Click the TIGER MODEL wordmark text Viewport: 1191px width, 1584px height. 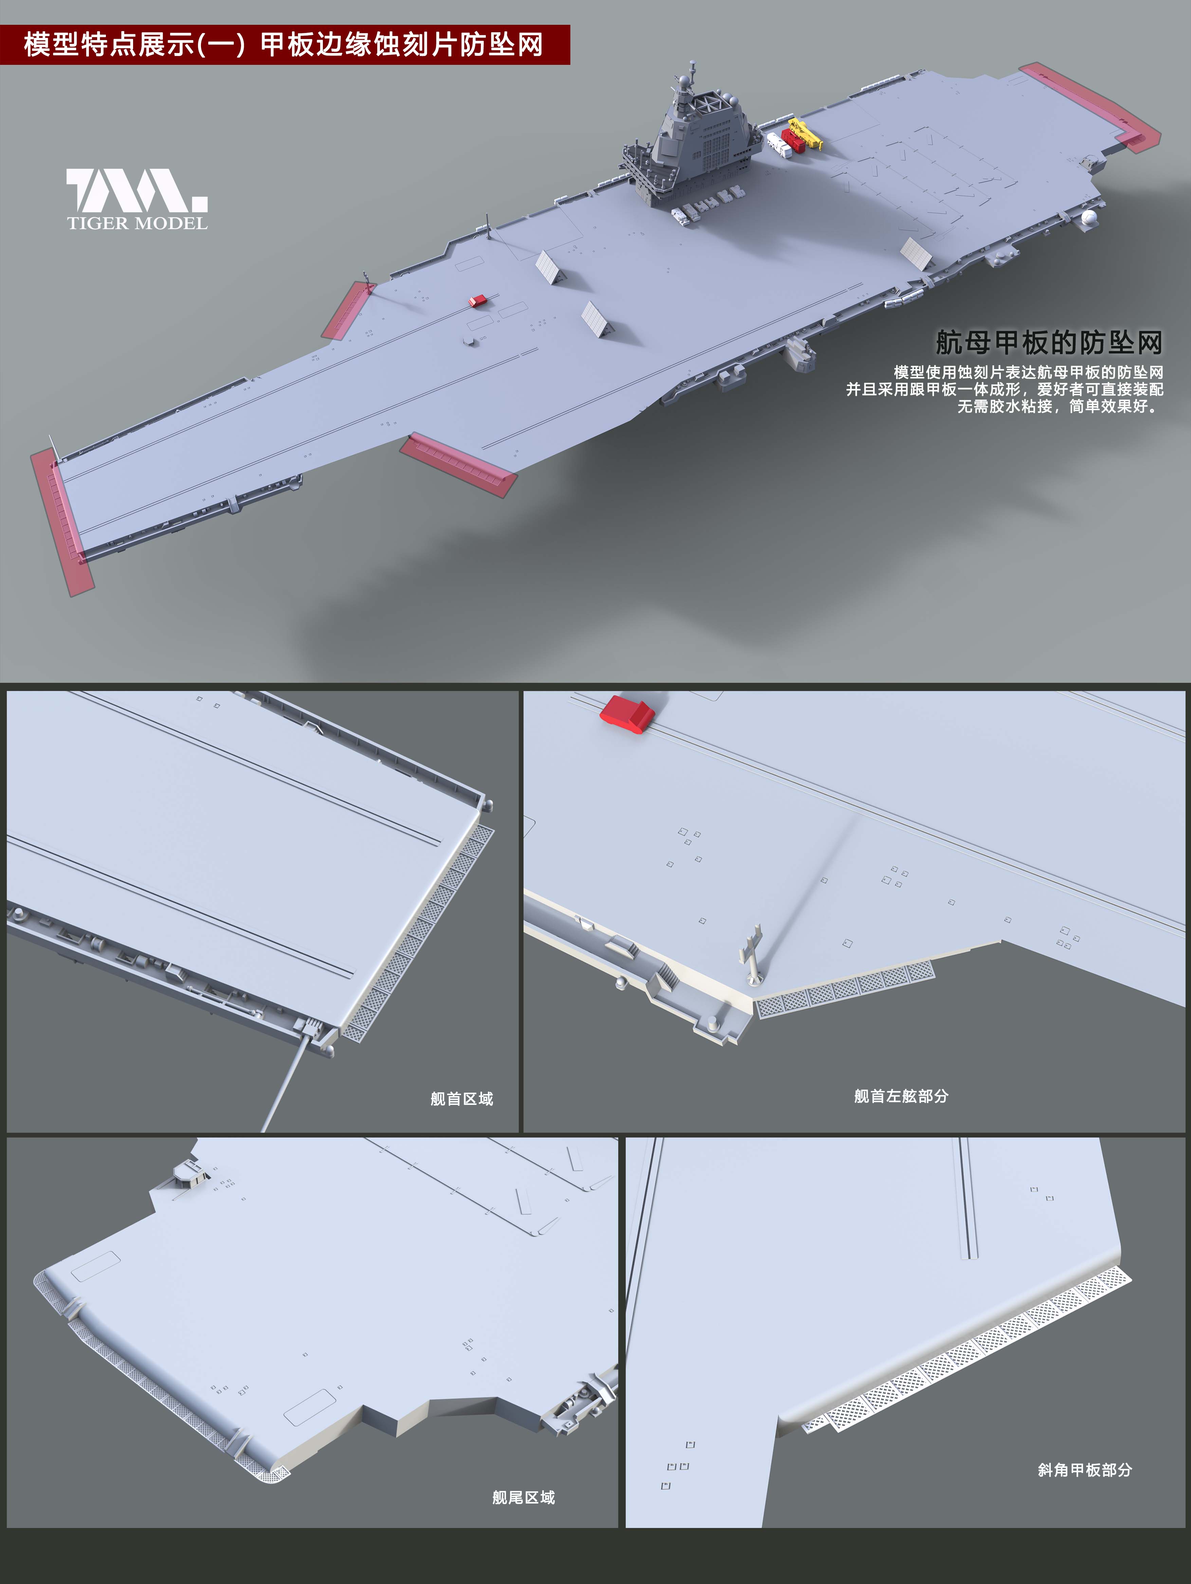(138, 223)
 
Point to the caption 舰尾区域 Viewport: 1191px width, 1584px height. (524, 1497)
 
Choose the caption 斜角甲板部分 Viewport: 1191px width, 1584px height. (1085, 1470)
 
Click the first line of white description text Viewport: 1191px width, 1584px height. (1028, 372)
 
